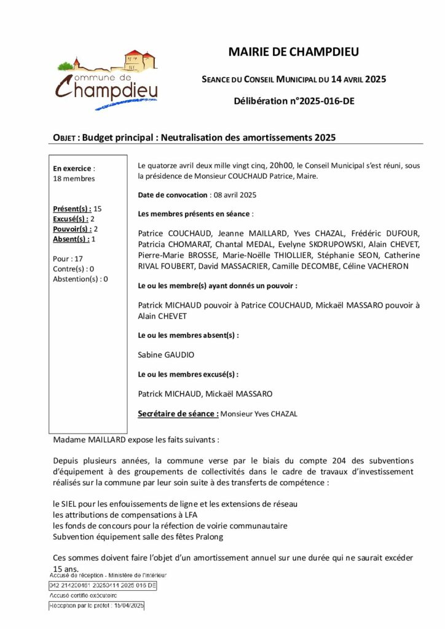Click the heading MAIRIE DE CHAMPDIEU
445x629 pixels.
293,52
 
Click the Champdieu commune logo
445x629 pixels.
108,80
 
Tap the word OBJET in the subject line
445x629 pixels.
64,138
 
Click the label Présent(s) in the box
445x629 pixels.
72,209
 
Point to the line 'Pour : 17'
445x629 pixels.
68,259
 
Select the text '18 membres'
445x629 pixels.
74,178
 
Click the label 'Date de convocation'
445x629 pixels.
173,195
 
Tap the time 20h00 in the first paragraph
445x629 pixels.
282,165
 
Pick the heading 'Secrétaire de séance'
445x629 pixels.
178,413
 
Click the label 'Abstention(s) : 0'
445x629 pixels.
81,279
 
